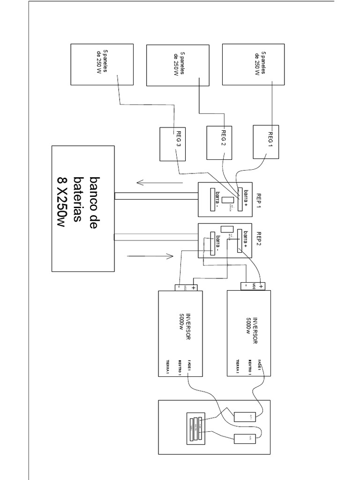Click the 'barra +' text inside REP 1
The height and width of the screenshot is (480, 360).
[244, 198]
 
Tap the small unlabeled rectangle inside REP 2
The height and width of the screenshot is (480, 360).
[224, 229]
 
